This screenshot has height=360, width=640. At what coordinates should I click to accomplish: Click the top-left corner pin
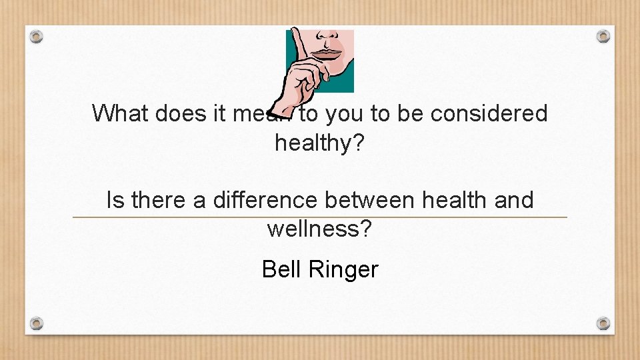point(37,36)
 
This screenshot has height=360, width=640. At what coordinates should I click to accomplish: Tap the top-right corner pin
point(603,36)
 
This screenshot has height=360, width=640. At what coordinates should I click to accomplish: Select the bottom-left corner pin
point(37,323)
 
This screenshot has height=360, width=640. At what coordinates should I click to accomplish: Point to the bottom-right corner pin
point(603,323)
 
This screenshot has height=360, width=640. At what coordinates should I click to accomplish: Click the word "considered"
point(489,113)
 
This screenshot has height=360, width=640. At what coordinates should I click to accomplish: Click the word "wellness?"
point(320,229)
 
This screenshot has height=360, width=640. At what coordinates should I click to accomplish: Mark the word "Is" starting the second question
point(115,200)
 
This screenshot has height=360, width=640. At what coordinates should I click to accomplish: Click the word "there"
point(157,200)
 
